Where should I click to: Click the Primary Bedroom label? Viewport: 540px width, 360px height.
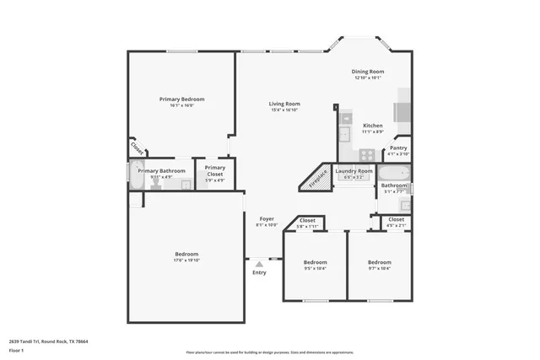click(x=181, y=99)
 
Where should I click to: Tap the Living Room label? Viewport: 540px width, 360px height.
click(x=284, y=104)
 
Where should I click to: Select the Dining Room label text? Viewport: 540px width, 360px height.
click(x=368, y=72)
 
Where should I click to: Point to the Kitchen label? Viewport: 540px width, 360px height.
click(x=373, y=125)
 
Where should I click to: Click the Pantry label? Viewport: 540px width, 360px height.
click(x=397, y=148)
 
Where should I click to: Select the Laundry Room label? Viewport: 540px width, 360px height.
click(x=354, y=171)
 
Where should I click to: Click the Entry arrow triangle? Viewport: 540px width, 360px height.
click(x=259, y=264)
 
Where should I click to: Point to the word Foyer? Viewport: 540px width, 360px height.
click(x=267, y=218)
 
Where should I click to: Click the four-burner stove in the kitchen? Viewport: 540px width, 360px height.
click(x=367, y=154)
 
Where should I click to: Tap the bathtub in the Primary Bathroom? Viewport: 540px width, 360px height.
click(x=137, y=174)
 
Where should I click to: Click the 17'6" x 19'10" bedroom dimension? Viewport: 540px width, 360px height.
click(x=186, y=260)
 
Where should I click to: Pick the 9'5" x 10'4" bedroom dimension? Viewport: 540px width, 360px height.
click(x=315, y=268)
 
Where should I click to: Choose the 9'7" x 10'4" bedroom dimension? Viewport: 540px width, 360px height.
click(x=379, y=268)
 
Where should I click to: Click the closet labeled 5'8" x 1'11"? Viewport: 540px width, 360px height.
click(x=306, y=223)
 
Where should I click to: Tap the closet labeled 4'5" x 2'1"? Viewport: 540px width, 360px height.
click(x=396, y=222)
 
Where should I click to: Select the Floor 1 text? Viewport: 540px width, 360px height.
click(x=16, y=349)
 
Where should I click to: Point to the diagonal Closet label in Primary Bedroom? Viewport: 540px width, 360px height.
click(x=138, y=148)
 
